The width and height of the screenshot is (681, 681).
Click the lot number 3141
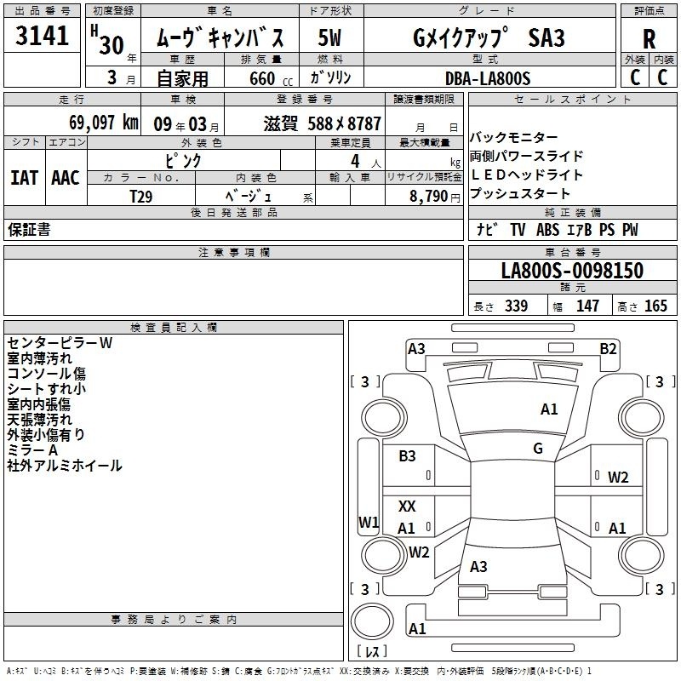[42, 36]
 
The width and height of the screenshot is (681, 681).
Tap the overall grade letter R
[649, 39]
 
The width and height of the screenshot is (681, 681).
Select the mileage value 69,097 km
[104, 123]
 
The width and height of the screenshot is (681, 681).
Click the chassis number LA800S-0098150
[572, 270]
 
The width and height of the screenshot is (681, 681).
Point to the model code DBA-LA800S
[488, 78]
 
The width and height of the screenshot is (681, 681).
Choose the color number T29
[140, 197]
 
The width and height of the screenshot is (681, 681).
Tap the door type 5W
[329, 37]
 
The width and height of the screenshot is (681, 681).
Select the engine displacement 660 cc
[271, 79]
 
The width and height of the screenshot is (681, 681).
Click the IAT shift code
[25, 178]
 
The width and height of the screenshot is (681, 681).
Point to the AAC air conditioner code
[66, 178]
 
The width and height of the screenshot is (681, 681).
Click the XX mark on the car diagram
[407, 506]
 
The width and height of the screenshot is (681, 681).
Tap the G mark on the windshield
[538, 449]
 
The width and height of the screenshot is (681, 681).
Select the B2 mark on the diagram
[608, 349]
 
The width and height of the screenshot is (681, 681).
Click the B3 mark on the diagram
[407, 456]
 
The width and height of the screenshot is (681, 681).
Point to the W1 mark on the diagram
[369, 522]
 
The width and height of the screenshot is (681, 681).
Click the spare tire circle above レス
[372, 621]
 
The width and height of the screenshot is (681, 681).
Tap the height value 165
[655, 306]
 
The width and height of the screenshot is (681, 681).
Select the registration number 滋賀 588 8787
[323, 123]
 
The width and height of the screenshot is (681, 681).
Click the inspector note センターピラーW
[60, 343]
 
